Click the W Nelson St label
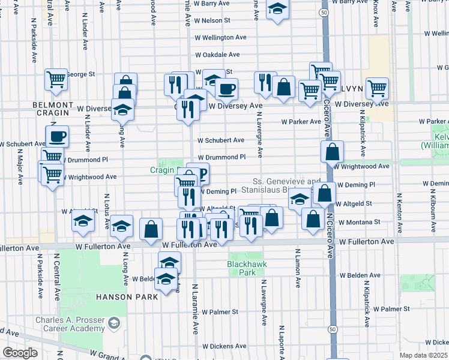pos(210,20)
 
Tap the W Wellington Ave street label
pos(220,37)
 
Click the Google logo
pos(20,353)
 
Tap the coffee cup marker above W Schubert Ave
pos(57,137)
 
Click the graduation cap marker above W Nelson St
pos(277,8)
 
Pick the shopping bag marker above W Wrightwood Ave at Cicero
pos(332,152)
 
